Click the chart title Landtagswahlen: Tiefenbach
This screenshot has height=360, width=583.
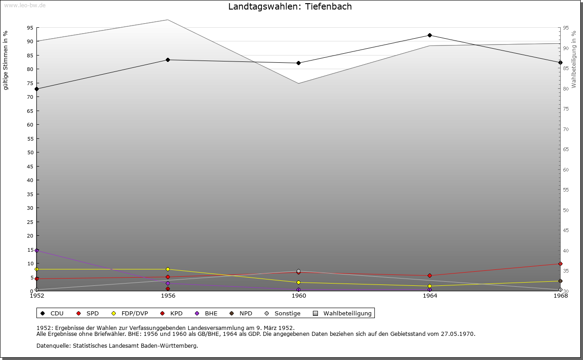[x=290, y=7]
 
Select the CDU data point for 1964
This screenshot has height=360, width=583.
[x=430, y=35]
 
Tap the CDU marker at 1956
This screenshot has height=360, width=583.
[x=168, y=60]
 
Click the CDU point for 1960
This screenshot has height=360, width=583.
[x=298, y=63]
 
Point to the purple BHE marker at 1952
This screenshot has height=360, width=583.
[x=37, y=250]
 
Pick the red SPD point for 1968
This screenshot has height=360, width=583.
[x=560, y=264]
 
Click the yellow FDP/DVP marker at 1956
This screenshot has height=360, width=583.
[x=168, y=269]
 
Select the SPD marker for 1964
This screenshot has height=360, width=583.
[x=430, y=275]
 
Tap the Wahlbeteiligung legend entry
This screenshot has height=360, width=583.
[x=343, y=313]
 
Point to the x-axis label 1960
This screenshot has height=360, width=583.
[x=299, y=296]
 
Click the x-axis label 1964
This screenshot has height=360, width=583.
[x=430, y=296]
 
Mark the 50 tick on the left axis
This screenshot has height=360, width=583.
[x=30, y=152]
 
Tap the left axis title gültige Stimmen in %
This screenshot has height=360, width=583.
[x=6, y=60]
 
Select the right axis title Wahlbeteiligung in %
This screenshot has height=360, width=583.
[x=574, y=59]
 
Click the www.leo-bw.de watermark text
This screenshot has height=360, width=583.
[x=24, y=5]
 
